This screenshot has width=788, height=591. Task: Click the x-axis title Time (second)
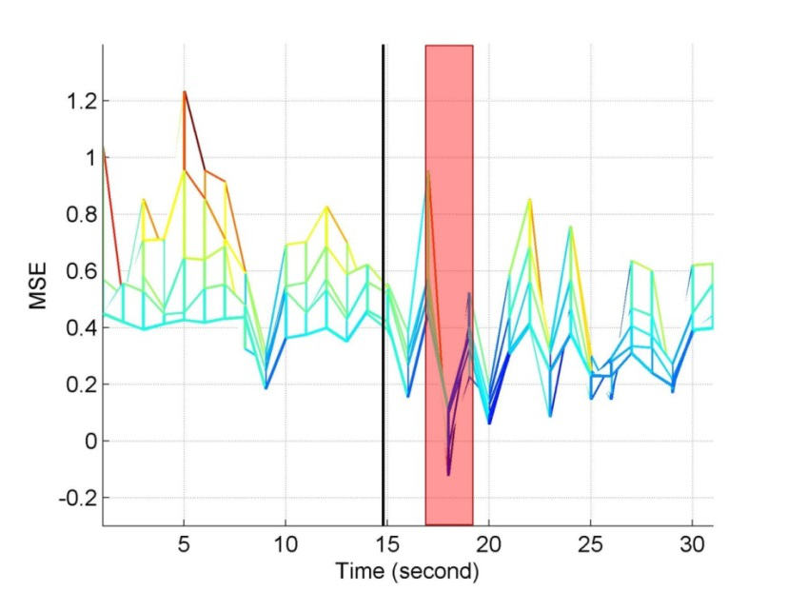point(406,571)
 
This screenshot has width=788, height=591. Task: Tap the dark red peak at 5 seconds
point(184,92)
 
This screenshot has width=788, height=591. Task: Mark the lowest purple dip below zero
point(448,473)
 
